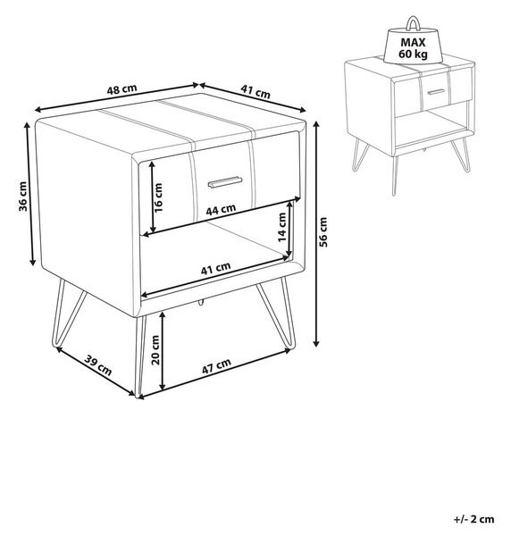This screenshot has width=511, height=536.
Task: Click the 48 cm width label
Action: point(121,89)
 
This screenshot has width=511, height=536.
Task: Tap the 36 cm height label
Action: point(23,196)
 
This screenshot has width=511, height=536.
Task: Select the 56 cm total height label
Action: point(323,231)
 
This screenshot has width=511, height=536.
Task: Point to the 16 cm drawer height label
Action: point(158,197)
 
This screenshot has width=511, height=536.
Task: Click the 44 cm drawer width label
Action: point(221,209)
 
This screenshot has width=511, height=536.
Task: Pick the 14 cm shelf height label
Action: point(282,227)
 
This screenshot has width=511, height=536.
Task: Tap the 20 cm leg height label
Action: point(155,349)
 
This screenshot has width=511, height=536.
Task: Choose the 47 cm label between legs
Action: point(216,365)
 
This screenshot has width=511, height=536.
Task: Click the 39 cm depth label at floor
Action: point(98,365)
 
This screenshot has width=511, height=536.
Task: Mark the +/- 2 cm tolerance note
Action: point(473,519)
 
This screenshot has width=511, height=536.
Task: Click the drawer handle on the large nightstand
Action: point(225,182)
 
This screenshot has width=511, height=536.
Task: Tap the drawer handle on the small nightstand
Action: point(436,92)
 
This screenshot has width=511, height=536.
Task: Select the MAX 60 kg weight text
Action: point(413,48)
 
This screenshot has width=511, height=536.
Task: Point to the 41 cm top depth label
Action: point(255,91)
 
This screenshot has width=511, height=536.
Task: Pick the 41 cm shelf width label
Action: point(215,268)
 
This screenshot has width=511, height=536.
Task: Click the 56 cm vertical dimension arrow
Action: point(316,233)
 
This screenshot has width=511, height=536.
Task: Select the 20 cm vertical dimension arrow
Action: point(163,350)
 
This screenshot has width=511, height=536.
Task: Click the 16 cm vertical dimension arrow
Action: point(152,197)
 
